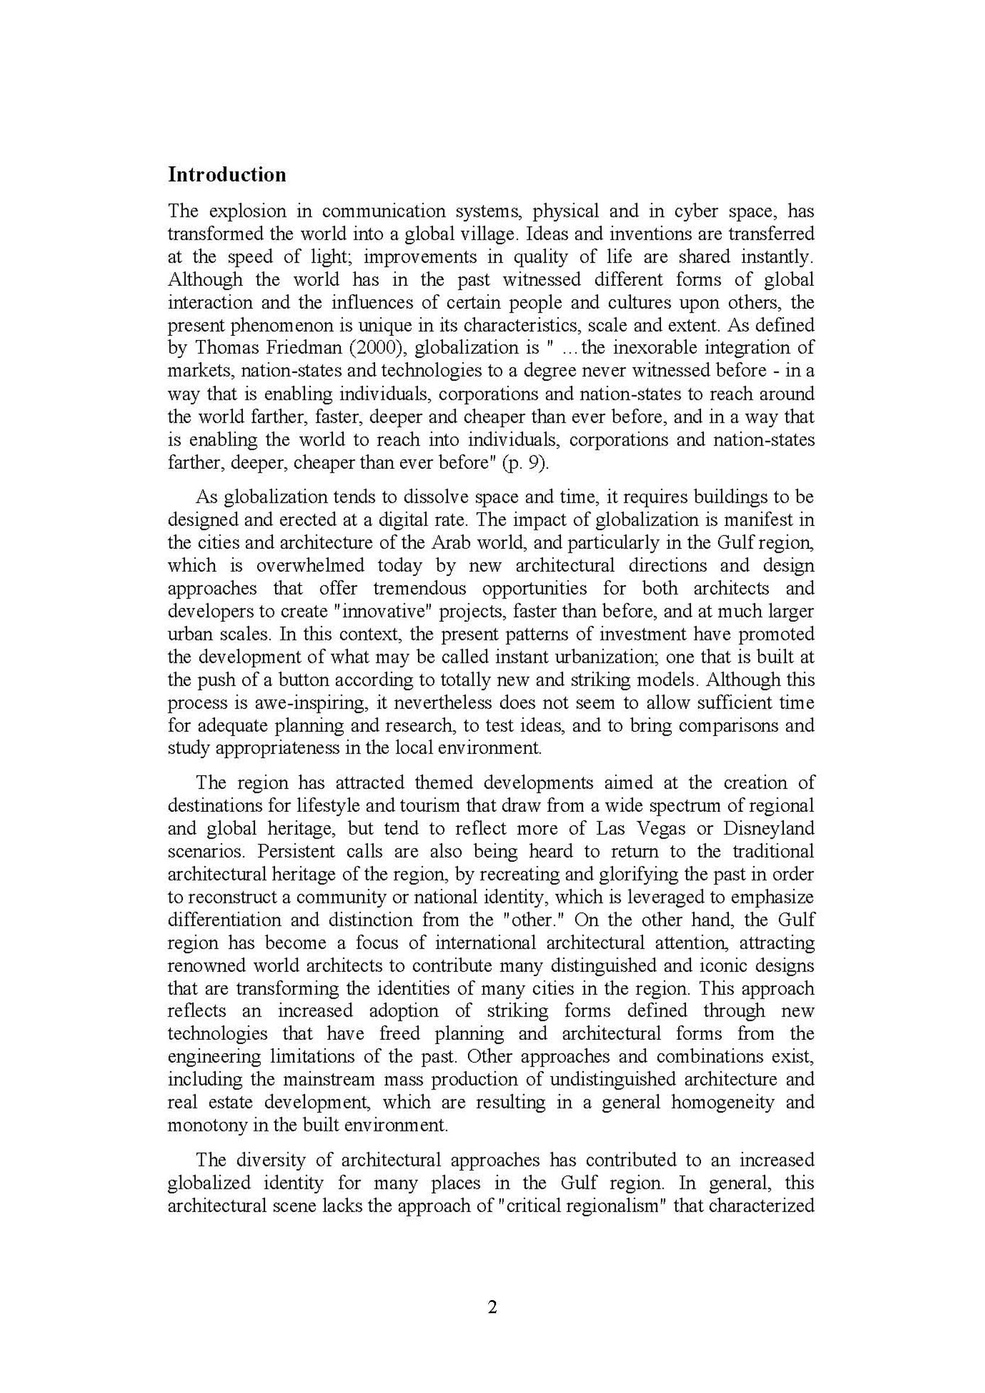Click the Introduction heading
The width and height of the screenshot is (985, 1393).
tap(227, 174)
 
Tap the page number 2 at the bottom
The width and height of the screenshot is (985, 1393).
tap(492, 1307)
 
